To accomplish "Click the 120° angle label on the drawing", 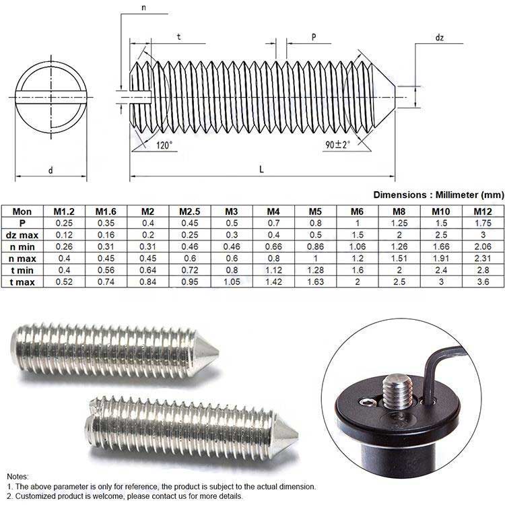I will point(164,145).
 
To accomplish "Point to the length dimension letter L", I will point(261,170).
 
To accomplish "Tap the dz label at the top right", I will point(439,38).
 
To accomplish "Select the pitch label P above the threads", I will point(314,38).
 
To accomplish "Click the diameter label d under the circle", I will point(50,170).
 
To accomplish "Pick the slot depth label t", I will point(178,38).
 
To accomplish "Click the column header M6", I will point(356,211).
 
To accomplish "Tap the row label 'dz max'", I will point(22,234).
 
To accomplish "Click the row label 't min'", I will point(22,269).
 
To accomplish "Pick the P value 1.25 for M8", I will point(398,222).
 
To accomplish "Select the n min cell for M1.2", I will point(64,246).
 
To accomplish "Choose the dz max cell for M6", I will point(356,234).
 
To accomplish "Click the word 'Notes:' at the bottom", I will point(19,476).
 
